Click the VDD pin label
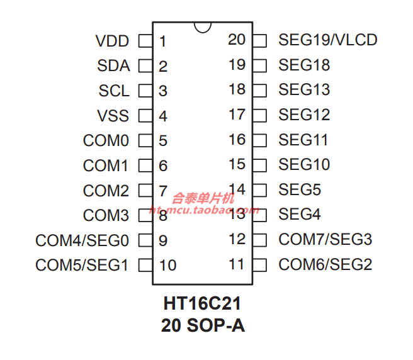[112, 42]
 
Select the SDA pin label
[113, 66]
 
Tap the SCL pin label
[113, 91]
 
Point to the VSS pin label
[113, 116]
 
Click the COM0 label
[106, 140]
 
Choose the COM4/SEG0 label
[82, 240]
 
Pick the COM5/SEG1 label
[82, 265]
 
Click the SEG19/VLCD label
[327, 40]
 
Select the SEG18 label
[304, 65]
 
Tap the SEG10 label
[304, 164]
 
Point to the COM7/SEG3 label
[325, 239]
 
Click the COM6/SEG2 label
[325, 264]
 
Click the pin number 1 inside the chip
[162, 42]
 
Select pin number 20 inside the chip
[237, 40]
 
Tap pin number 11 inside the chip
[236, 264]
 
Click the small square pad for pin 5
[145, 140]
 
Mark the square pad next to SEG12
[259, 115]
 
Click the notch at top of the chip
[202, 27]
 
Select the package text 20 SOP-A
[202, 326]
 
